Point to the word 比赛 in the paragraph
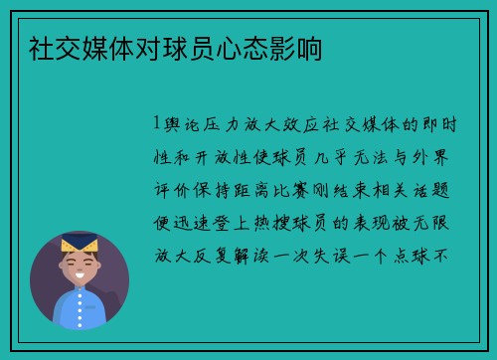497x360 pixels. (297, 189)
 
